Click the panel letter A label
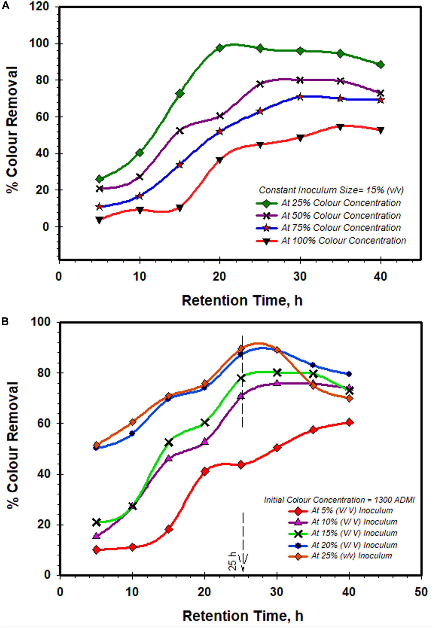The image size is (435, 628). click(6, 6)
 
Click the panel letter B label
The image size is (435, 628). click(5, 321)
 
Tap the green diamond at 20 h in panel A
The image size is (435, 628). click(220, 48)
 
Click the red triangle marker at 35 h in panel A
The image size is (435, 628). click(340, 127)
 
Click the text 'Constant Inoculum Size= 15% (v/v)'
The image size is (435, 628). click(331, 190)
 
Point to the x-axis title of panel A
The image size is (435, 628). click(242, 301)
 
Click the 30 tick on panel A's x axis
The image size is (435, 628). click(300, 277)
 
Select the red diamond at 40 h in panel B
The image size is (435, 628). click(349, 422)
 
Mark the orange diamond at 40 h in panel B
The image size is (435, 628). click(349, 398)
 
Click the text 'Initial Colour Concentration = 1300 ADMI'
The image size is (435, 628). click(339, 500)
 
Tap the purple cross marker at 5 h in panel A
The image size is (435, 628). click(99, 188)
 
